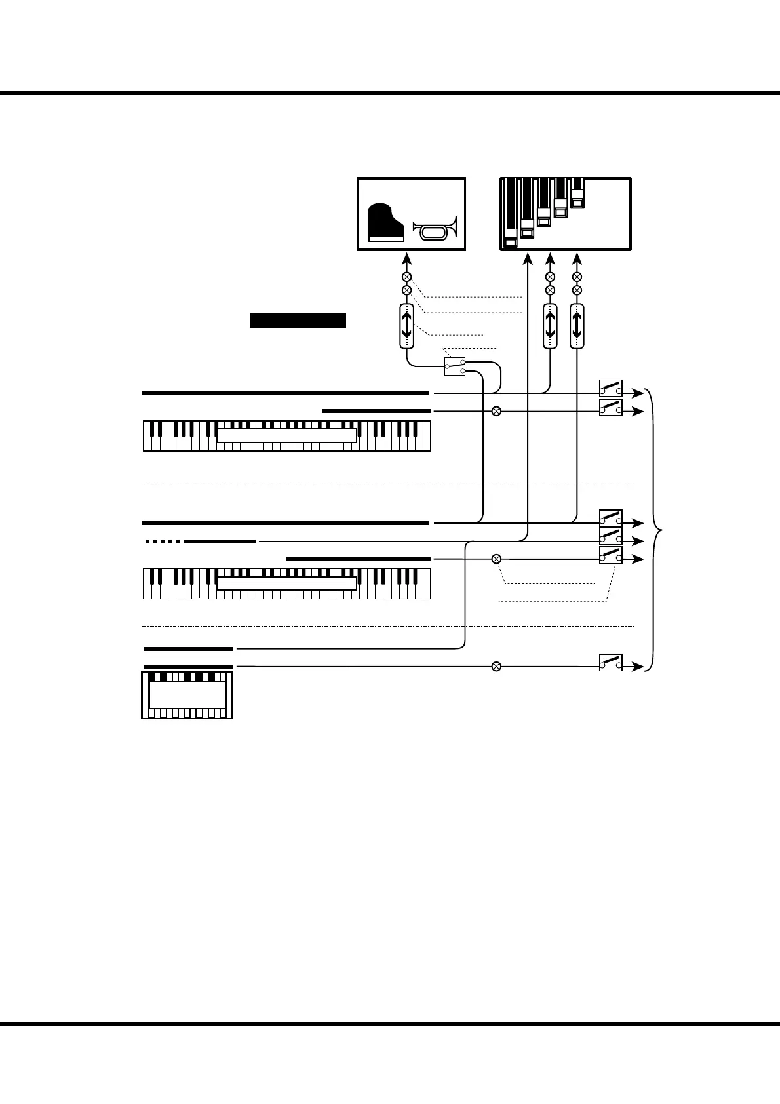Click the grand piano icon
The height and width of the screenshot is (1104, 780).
(386, 222)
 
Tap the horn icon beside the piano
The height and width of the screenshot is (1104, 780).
(435, 230)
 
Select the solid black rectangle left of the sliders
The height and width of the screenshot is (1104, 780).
(298, 320)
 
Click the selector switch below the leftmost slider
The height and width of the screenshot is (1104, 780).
(454, 366)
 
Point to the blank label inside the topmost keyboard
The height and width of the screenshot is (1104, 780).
(287, 436)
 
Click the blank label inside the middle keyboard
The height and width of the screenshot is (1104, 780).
(287, 583)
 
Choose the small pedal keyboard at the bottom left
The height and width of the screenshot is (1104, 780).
(187, 694)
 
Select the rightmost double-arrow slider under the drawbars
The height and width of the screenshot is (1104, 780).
(577, 326)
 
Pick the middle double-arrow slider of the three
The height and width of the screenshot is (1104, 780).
(550, 326)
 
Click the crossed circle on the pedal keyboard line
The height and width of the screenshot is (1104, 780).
(496, 667)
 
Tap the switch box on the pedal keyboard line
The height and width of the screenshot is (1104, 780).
(610, 662)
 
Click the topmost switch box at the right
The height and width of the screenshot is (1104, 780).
(610, 388)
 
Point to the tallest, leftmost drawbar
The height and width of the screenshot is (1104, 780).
(511, 213)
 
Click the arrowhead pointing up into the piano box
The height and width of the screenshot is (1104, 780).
(406, 258)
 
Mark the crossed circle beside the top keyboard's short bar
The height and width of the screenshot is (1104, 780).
(496, 411)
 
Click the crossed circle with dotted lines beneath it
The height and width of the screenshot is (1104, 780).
(496, 559)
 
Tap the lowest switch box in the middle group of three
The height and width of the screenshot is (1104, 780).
(610, 555)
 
